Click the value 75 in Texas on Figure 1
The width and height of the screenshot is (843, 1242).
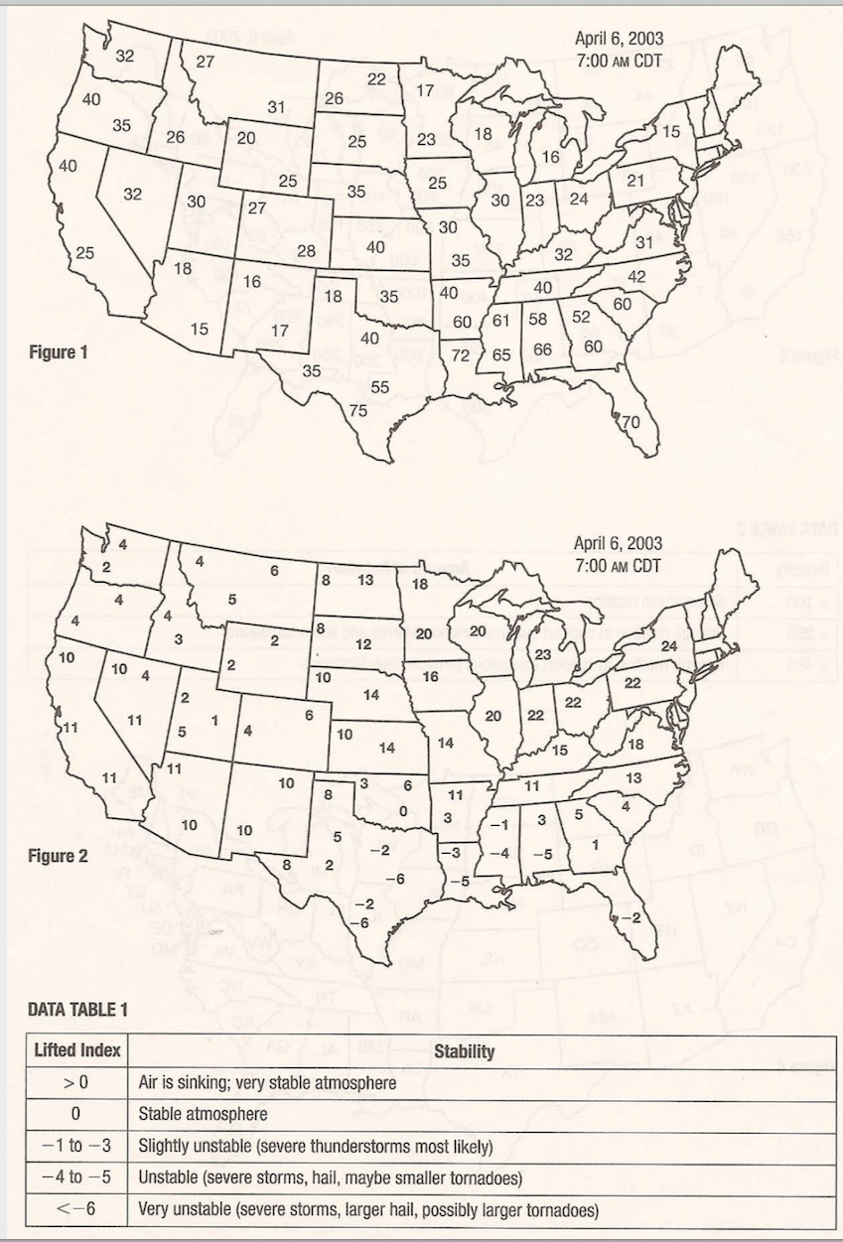(357, 410)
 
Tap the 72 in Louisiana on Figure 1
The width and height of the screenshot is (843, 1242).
(460, 354)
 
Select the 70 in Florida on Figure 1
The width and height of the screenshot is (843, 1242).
(631, 422)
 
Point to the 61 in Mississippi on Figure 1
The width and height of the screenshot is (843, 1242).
(499, 320)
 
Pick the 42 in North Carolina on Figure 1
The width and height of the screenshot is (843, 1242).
(636, 276)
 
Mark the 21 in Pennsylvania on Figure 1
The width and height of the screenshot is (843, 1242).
(635, 180)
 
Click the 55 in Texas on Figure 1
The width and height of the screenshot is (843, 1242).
(379, 387)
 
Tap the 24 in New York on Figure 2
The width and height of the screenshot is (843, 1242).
(668, 646)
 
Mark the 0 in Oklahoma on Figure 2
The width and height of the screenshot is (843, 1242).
(401, 810)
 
